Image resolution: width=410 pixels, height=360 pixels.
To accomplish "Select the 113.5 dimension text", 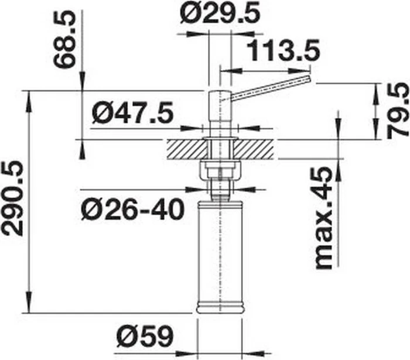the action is pos(283,51).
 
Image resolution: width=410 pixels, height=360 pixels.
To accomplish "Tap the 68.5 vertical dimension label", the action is pos(64,39).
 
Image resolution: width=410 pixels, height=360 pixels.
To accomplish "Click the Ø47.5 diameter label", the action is pos(132,113).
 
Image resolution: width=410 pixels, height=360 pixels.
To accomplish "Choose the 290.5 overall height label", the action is pos(12,198).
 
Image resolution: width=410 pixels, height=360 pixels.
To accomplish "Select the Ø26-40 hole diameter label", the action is pos(132,210).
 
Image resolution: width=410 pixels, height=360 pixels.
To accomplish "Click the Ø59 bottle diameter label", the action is pos(145,335).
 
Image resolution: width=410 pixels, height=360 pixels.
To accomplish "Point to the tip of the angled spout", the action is pos(310,79).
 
